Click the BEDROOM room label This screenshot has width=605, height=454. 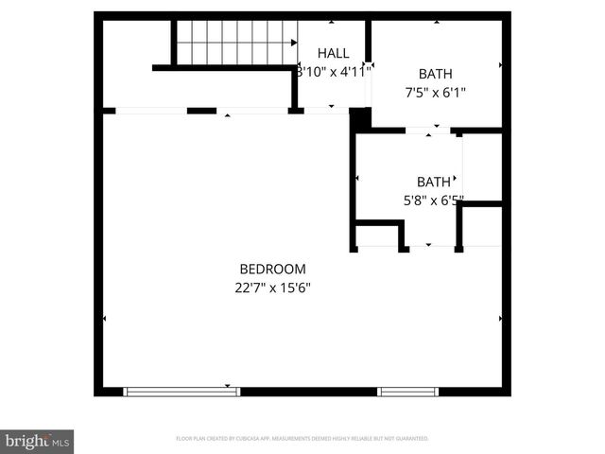272,269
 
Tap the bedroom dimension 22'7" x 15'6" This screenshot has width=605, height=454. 272,288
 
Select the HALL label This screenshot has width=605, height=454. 333,53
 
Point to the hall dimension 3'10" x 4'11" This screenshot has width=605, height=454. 333,71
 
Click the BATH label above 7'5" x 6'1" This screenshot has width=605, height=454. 434,74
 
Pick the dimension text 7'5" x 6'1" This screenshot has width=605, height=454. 434,93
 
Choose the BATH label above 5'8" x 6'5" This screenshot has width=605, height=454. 433,182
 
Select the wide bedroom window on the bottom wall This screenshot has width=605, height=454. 181,391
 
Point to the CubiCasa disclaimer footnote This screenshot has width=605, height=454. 302,439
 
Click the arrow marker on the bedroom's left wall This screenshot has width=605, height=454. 104,319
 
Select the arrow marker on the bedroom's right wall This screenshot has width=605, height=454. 500,319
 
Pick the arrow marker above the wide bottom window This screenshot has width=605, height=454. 228,385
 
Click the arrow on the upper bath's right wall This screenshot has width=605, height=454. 500,65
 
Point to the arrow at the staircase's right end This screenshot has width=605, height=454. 294,42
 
